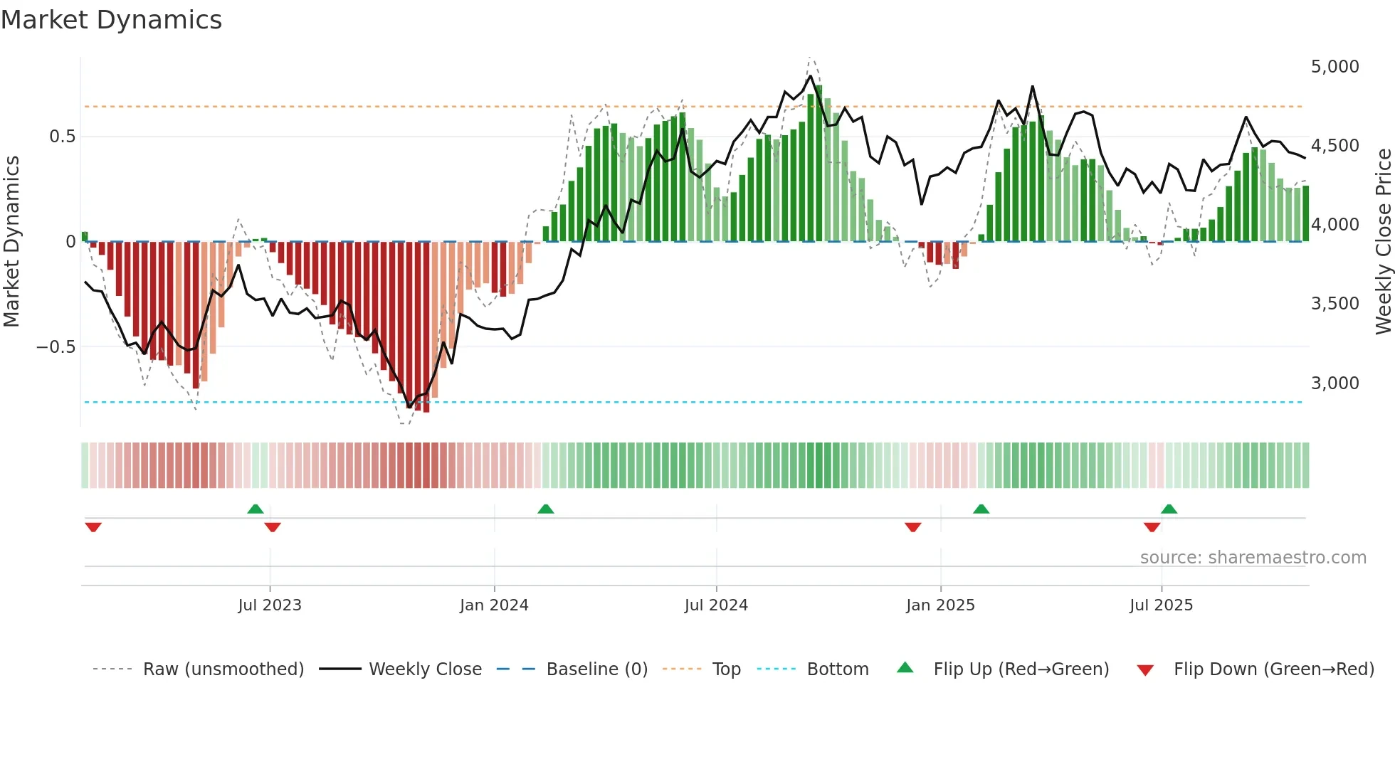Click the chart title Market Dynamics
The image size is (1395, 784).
click(x=111, y=20)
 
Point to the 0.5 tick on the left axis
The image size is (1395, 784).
click(x=62, y=137)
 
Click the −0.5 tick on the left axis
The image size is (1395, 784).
click(x=56, y=347)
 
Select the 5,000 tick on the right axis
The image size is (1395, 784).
click(x=1335, y=67)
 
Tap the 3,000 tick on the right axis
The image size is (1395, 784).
click(x=1335, y=383)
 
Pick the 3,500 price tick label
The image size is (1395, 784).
click(x=1335, y=304)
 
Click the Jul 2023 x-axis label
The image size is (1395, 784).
click(x=270, y=605)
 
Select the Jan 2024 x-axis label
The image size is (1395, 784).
click(x=494, y=605)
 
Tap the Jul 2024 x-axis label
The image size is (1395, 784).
click(x=716, y=605)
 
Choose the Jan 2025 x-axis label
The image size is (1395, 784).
click(x=940, y=605)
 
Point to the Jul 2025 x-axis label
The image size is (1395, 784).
click(x=1161, y=605)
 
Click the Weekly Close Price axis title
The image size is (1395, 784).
click(x=1383, y=242)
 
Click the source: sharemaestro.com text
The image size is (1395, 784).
click(x=1253, y=558)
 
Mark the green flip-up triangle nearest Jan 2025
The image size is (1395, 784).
click(x=981, y=509)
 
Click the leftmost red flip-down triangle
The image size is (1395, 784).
click(x=93, y=527)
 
